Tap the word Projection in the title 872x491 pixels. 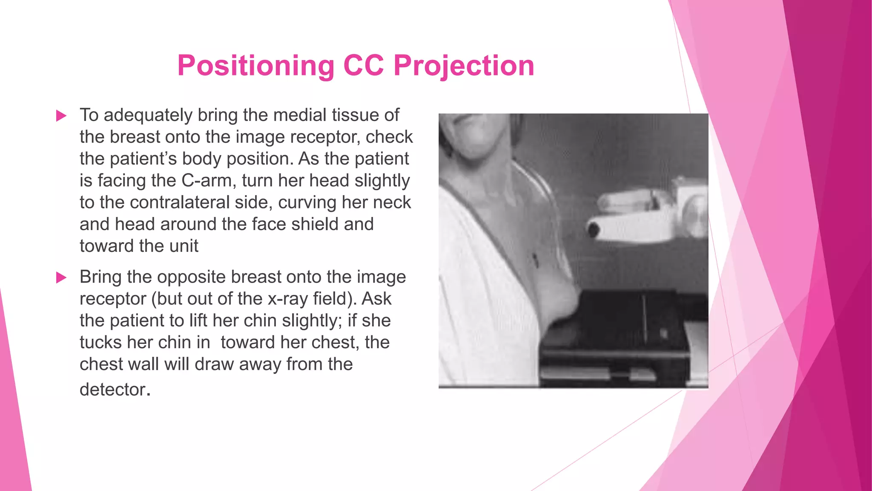464,66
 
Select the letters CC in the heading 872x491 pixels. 364,66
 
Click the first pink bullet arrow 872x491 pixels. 61,116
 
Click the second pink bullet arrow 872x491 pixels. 61,278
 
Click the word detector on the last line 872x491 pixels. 113,390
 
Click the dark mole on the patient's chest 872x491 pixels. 535,258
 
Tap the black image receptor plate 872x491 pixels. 617,324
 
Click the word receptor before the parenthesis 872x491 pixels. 113,299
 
